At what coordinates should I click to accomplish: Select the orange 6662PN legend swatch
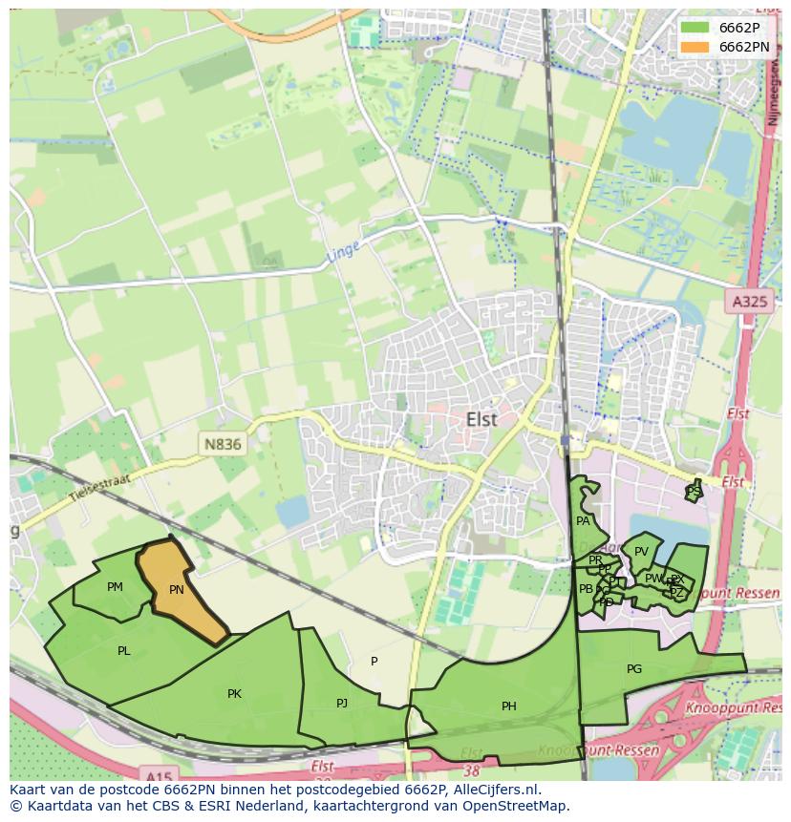pos(695,46)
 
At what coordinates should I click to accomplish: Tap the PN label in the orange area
pos(177,590)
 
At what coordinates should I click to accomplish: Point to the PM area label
pos(116,587)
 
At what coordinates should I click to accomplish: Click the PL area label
pos(124,651)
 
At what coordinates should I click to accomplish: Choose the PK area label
pos(234,694)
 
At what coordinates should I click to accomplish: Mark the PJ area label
pos(342,704)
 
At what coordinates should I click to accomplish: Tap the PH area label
pos(509,706)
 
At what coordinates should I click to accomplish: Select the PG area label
pos(634,669)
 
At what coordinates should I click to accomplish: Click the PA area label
pos(583,521)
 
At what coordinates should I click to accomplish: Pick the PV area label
pos(641,552)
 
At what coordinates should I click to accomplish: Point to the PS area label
pos(694,491)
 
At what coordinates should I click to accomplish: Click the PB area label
pos(586,589)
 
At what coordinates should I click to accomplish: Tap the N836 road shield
pos(224,444)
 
